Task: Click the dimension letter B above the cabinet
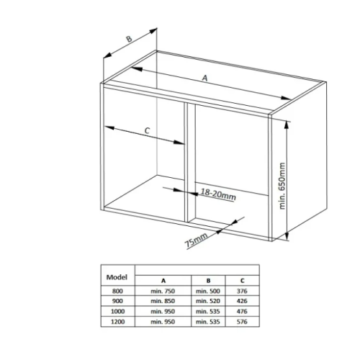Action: point(129,39)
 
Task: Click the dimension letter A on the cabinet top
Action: point(204,78)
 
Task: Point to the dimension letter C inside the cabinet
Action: point(147,130)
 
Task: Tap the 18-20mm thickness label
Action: point(218,194)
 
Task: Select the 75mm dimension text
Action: point(196,240)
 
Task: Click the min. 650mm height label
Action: point(282,186)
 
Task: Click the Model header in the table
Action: point(117,277)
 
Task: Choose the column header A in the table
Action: point(163,281)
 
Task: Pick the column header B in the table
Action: point(208,281)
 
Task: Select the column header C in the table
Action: point(242,281)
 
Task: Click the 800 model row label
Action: point(117,291)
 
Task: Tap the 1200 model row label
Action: point(117,322)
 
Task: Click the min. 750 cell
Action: point(163,291)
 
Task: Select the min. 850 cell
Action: point(163,301)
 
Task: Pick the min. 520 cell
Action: point(208,301)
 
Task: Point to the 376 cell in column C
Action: point(242,291)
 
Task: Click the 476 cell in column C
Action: point(242,312)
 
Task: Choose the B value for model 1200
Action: point(208,322)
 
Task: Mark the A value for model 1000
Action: point(163,312)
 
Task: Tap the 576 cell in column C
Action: point(242,322)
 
